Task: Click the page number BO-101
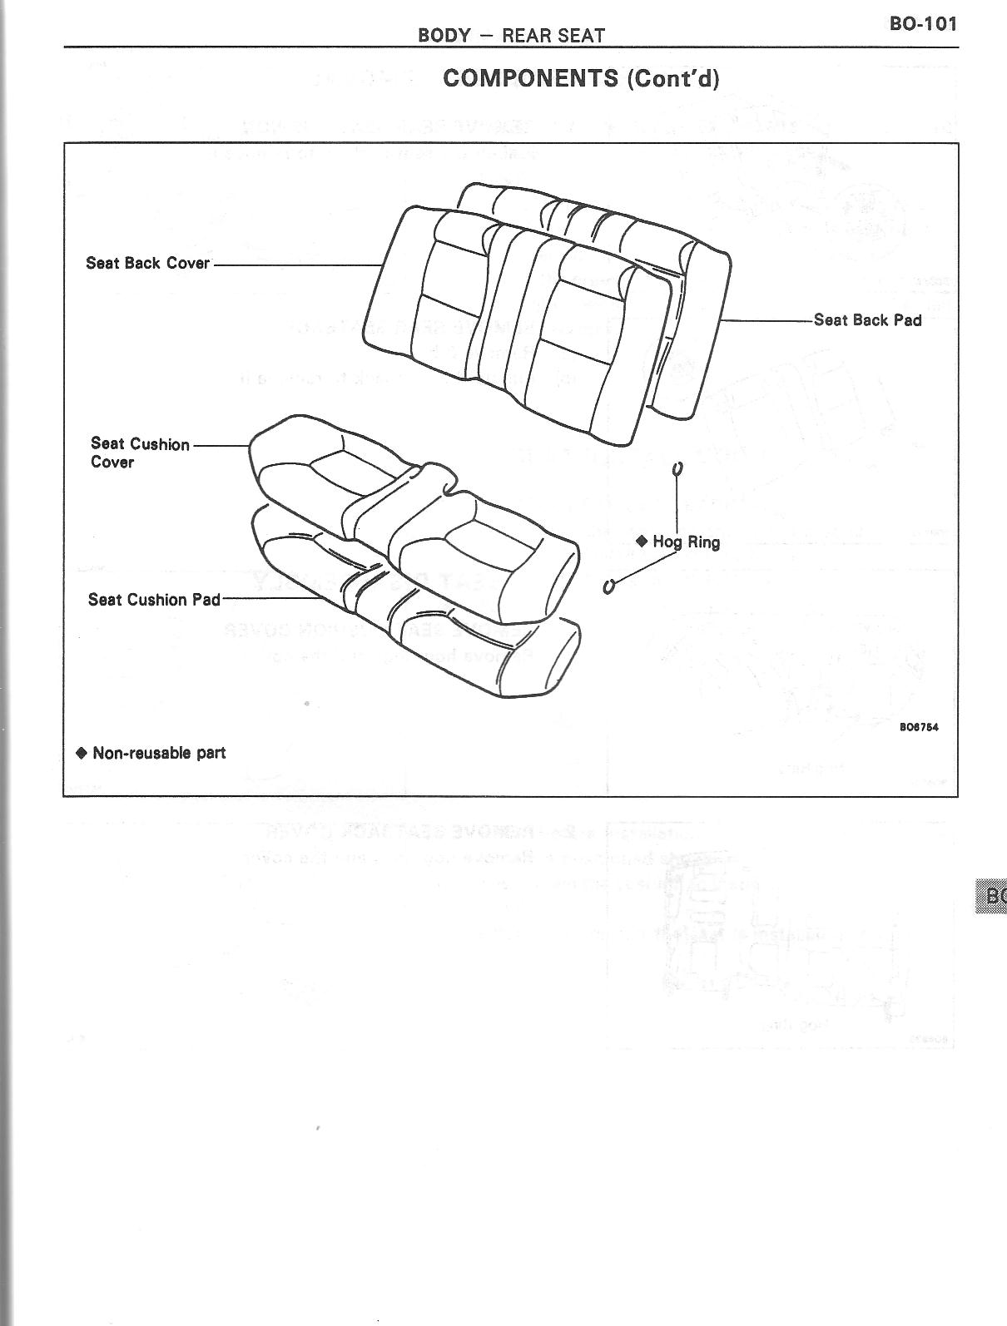click(923, 23)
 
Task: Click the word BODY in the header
click(444, 36)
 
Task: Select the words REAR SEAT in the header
click(553, 36)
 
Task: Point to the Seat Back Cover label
click(147, 263)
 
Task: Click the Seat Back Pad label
click(867, 320)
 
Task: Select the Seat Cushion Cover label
click(140, 453)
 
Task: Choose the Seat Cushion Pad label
click(154, 599)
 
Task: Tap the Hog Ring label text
click(686, 542)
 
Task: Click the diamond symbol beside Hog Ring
click(642, 541)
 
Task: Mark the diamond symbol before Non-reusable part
click(81, 753)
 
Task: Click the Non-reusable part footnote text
click(159, 753)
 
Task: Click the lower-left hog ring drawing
click(608, 586)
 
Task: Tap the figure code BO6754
click(919, 727)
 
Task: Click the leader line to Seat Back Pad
click(766, 320)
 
